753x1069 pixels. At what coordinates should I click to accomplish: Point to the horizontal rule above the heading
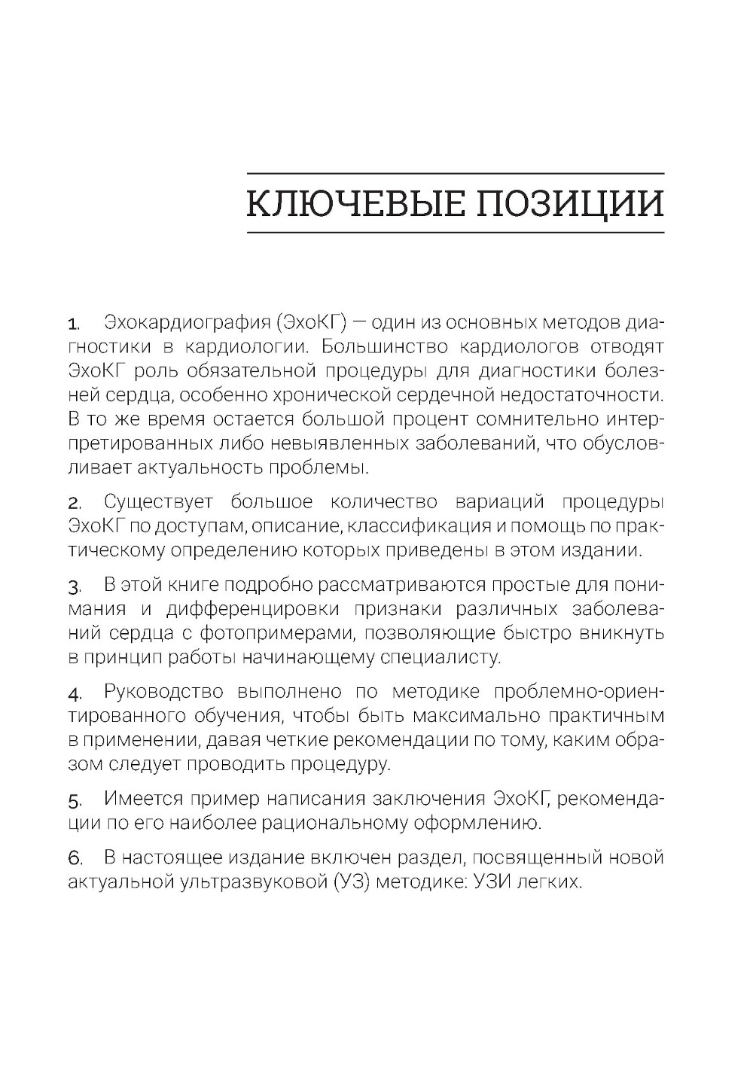(x=456, y=173)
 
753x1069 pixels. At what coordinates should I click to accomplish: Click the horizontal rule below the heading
(x=456, y=233)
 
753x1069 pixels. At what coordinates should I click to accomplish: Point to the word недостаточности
(x=579, y=395)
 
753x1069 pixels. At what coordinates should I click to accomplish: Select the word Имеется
(x=144, y=798)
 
